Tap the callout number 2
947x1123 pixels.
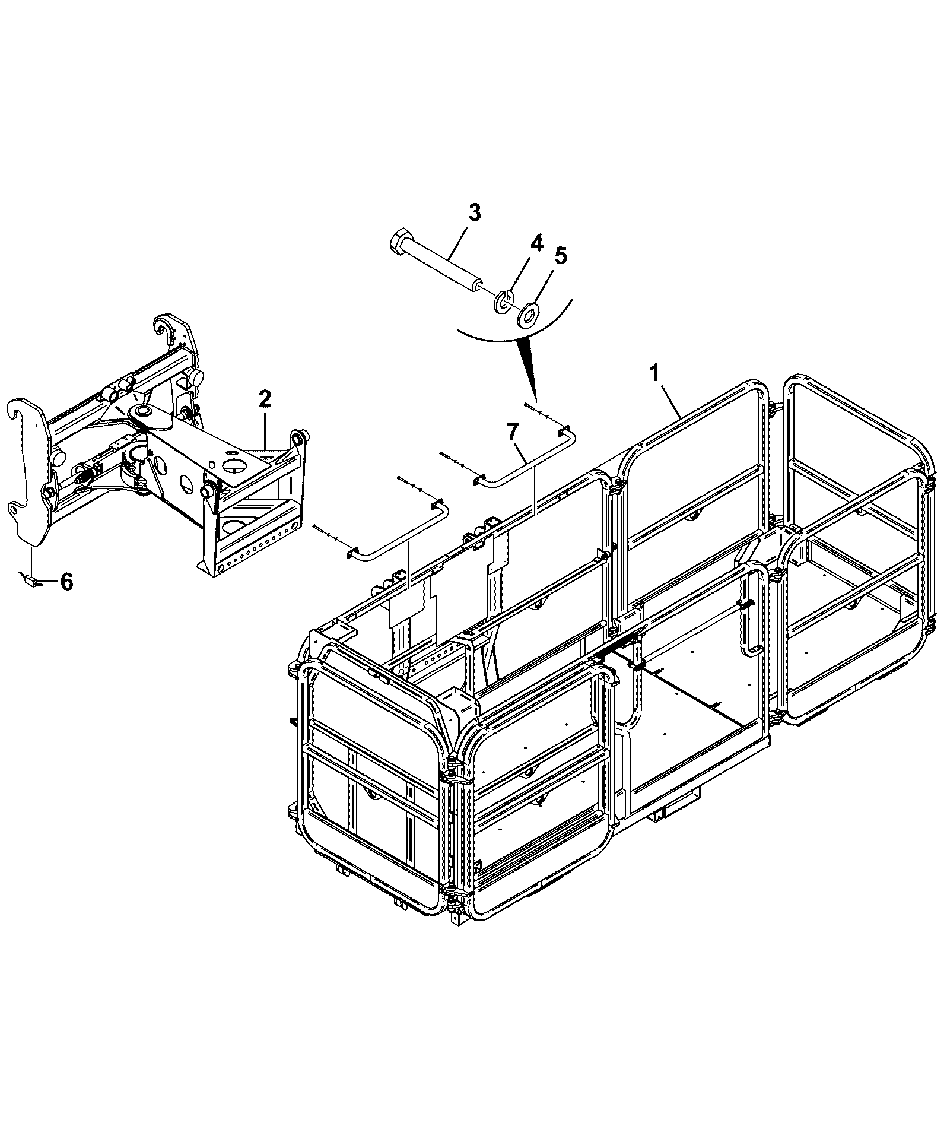(265, 398)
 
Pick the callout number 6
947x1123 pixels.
(66, 582)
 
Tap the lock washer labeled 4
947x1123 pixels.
(504, 301)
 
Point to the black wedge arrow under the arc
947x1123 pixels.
(529, 369)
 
